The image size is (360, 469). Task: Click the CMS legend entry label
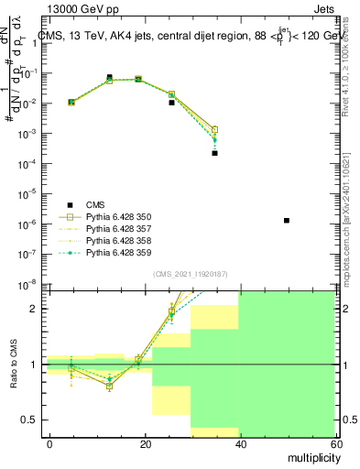pos(96,205)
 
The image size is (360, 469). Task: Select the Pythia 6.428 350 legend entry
pos(115,217)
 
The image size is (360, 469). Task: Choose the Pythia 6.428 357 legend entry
pos(115,229)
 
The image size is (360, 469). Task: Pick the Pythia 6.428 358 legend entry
pos(115,240)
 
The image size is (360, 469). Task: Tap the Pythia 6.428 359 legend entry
pos(115,252)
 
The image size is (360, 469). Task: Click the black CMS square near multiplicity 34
pos(214,153)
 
